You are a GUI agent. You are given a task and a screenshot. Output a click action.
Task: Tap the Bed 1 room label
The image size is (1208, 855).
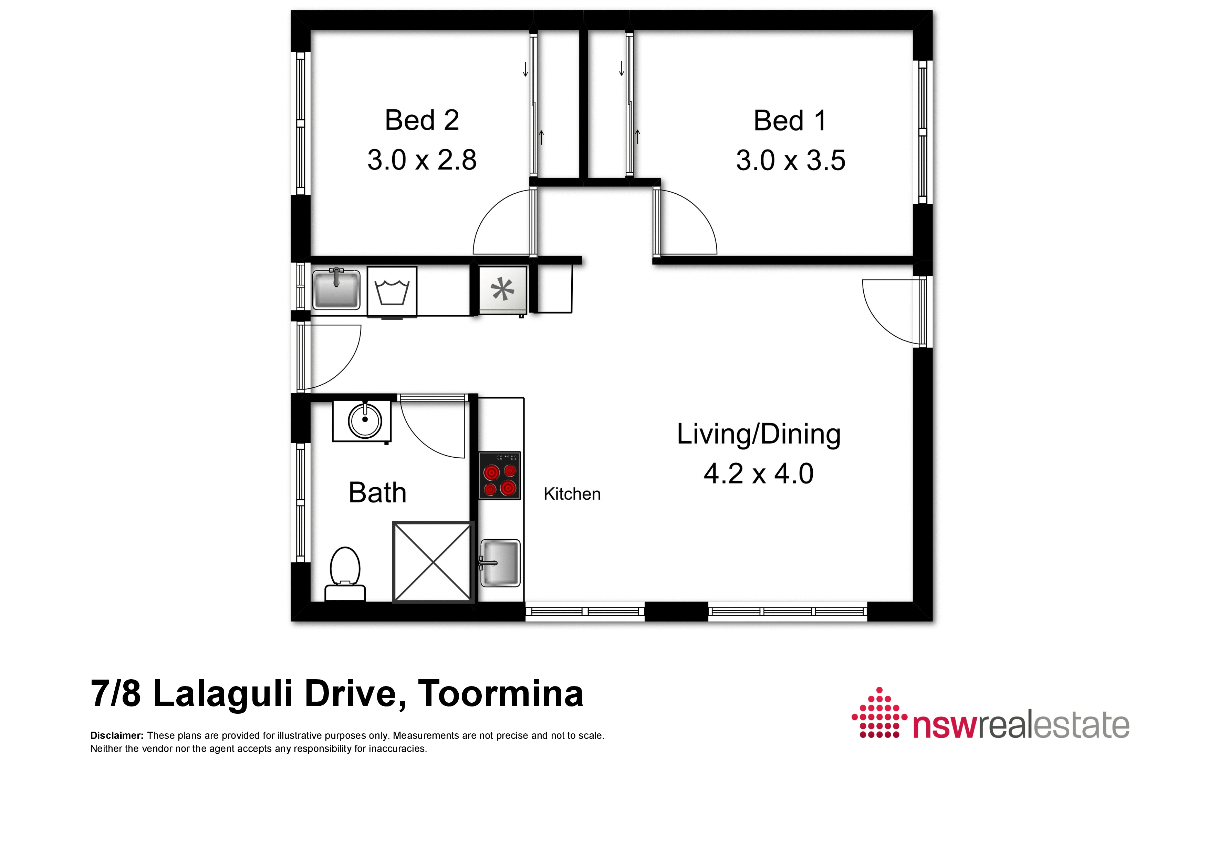790,121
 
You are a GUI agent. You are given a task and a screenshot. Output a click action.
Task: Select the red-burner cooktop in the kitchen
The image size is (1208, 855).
499,476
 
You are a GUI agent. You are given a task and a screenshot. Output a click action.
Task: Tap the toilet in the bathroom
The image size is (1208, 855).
345,574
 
